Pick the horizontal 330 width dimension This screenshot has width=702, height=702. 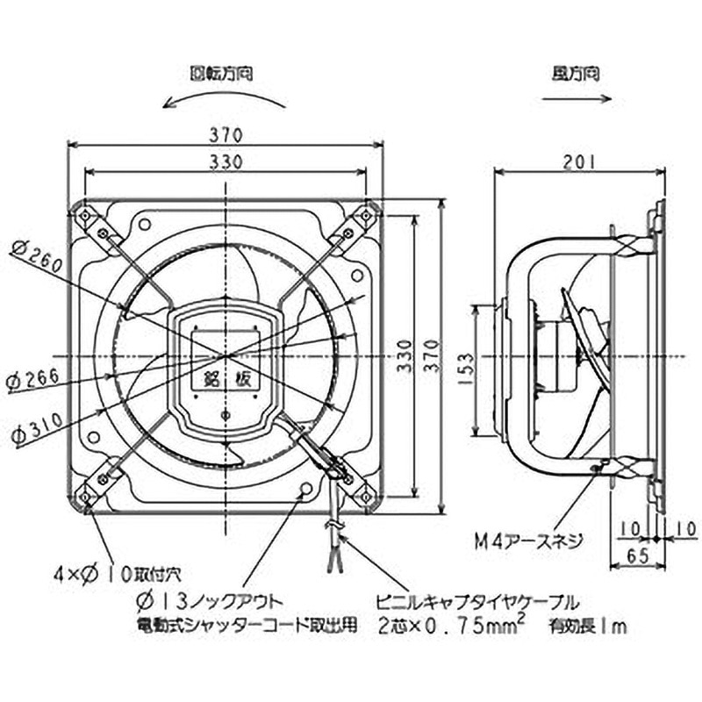[x=225, y=162]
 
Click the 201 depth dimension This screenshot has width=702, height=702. [x=577, y=161]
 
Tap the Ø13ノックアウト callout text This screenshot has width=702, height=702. [x=207, y=601]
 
